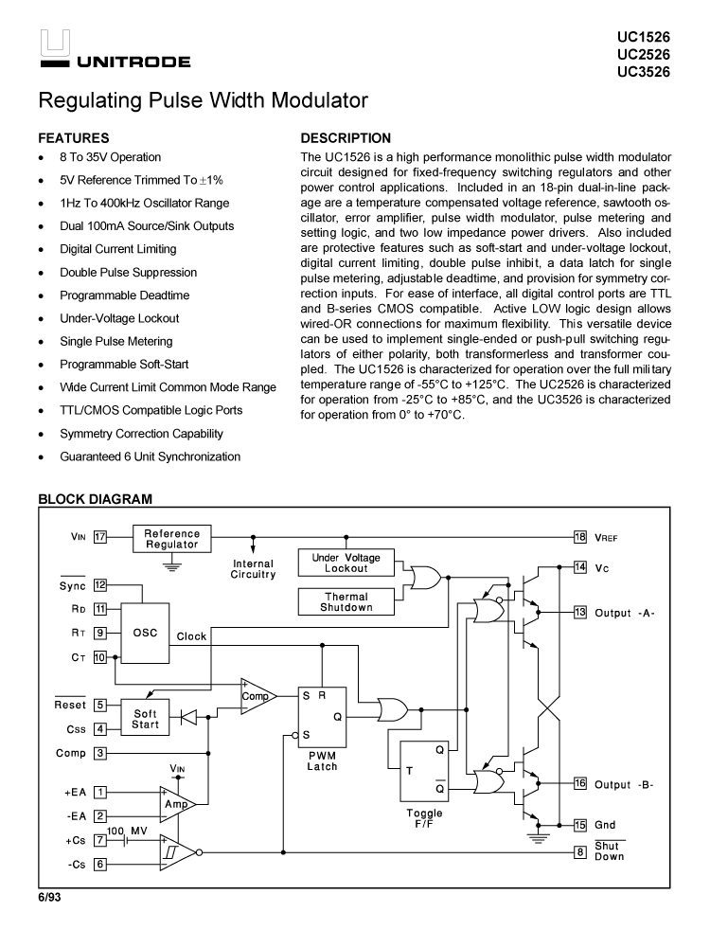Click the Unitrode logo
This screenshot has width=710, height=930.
[x=115, y=51]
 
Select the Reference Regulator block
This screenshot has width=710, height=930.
[x=171, y=539]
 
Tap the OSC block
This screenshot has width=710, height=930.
[x=145, y=633]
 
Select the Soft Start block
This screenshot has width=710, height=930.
[x=145, y=719]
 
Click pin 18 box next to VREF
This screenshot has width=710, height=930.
[x=580, y=537]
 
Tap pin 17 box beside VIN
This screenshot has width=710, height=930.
[x=99, y=537]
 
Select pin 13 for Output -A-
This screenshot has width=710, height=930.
[x=580, y=612]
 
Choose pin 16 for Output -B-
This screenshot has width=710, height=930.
[x=580, y=783]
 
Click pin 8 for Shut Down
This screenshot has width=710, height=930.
[x=580, y=852]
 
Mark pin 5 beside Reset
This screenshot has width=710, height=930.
[x=99, y=706]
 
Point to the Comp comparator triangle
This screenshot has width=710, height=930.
[x=256, y=695]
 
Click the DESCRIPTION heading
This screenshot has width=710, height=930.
[x=345, y=138]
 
